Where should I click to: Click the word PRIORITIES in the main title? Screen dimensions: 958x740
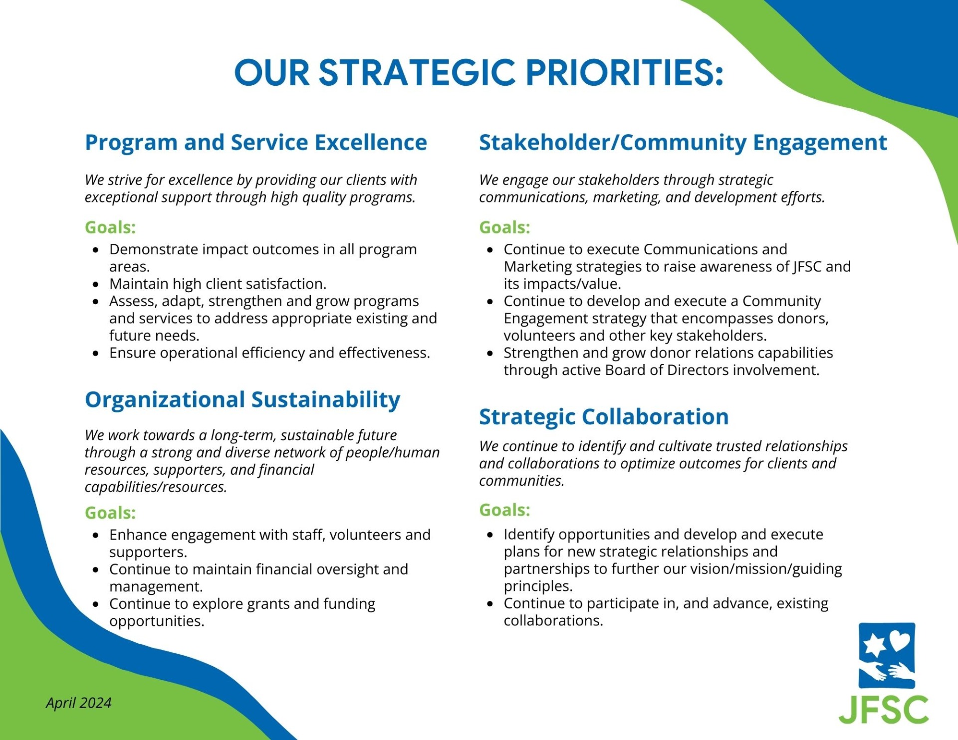(624, 73)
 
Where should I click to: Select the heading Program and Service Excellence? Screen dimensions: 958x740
(256, 143)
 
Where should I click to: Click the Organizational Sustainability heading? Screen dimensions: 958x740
(242, 400)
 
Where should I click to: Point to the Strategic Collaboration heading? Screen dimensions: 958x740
(604, 417)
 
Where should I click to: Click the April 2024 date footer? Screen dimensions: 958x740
(79, 703)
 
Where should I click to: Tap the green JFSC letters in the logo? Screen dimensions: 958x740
(884, 710)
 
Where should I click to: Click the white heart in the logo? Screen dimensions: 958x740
(900, 640)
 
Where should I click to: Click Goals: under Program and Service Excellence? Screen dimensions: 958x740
(110, 227)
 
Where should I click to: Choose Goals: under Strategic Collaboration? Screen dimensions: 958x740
(504, 510)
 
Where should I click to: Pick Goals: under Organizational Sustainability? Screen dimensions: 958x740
(110, 513)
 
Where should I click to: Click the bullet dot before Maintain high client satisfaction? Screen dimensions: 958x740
(96, 285)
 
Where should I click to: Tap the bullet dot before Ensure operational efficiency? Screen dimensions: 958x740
(96, 354)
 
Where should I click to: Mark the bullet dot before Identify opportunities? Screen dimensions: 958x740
(490, 535)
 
